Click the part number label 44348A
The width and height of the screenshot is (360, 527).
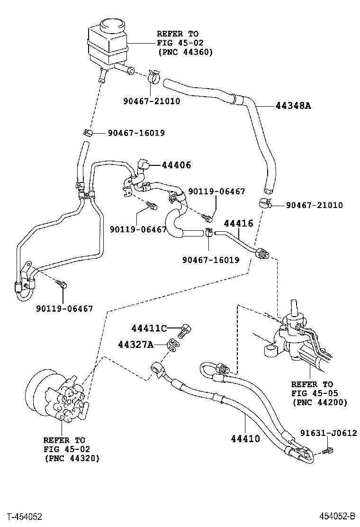(293, 106)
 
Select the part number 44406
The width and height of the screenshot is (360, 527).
(176, 165)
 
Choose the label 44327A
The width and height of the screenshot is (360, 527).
(135, 345)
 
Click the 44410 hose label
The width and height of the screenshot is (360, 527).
(245, 439)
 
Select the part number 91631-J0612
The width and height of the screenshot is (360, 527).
(328, 433)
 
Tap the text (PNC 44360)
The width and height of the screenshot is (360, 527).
(185, 52)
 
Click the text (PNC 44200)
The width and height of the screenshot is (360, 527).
(320, 402)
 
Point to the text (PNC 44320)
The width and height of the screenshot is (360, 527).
(72, 458)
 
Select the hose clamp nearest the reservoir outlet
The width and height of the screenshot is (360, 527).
(154, 77)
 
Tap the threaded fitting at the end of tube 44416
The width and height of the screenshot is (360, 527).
(262, 253)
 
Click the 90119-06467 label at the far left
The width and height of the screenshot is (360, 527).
(64, 309)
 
